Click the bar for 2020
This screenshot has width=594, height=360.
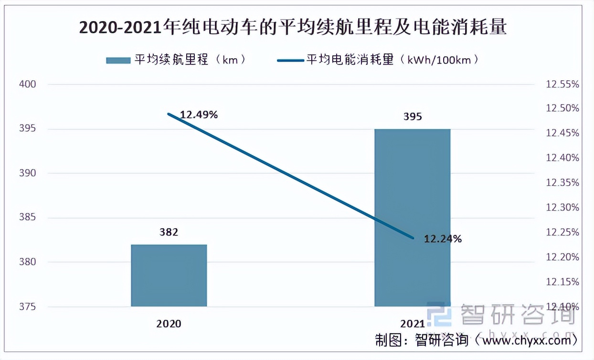169,275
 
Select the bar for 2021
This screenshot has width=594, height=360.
412,218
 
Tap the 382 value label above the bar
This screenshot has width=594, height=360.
169,233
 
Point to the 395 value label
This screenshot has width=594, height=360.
412,116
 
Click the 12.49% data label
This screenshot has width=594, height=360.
199,115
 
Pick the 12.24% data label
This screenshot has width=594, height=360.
443,239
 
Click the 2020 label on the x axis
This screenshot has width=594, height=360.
169,324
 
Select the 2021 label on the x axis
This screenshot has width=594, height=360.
412,324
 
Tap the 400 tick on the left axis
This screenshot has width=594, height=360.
28,85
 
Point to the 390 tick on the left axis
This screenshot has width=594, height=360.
28,173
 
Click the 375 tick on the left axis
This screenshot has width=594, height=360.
28,307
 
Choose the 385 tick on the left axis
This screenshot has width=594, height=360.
28,218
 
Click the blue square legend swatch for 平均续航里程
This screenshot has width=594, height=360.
117,60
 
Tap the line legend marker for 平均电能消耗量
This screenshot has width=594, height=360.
290,60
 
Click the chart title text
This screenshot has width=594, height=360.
292,28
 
